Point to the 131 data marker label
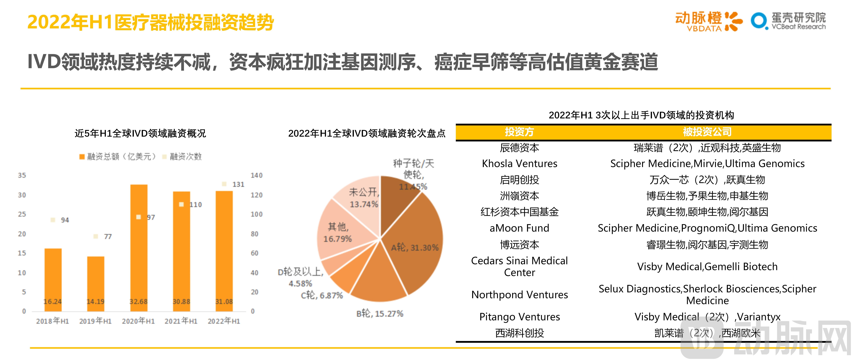pos(238,184)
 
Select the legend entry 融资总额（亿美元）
pos(117,157)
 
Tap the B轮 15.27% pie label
pos(380,313)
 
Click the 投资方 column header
pos(519,132)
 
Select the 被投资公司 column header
pos(707,132)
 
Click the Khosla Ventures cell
pos(519,164)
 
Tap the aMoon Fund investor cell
pos(519,228)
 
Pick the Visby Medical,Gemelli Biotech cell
pos(707,266)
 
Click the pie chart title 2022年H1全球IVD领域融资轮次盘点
pos(366,133)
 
